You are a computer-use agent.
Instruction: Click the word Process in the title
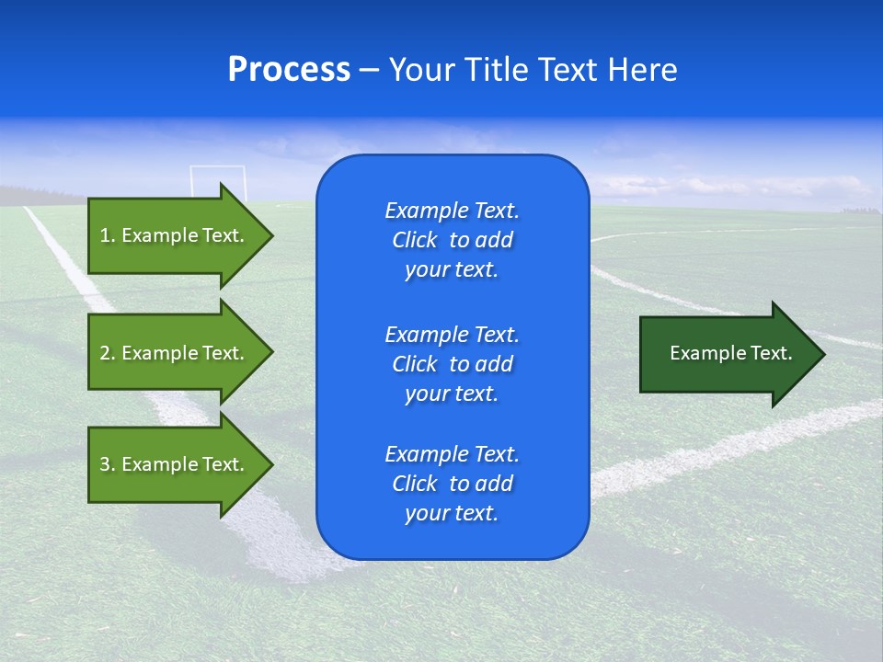coord(289,70)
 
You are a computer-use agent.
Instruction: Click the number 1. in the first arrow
coord(107,235)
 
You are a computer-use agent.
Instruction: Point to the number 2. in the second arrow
coord(107,353)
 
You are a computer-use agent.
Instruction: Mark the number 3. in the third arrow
coord(107,464)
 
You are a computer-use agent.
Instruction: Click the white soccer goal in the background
coord(218,179)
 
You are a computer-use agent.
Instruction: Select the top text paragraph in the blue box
coord(452,240)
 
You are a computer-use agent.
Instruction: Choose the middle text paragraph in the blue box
coord(452,364)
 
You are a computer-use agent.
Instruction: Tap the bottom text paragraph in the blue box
coord(452,484)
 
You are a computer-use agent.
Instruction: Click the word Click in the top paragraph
coord(414,241)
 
